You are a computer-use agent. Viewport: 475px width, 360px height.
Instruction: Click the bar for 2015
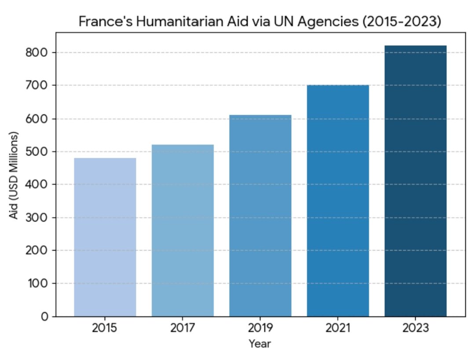pos(105,237)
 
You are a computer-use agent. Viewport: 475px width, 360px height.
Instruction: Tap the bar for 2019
pos(260,215)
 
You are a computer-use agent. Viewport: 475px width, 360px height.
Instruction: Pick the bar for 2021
pos(338,200)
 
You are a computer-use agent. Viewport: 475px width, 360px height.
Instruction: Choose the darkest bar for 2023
pos(416,181)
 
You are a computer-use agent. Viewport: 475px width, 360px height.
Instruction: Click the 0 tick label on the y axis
pos(45,316)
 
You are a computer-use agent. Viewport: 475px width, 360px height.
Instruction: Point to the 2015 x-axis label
pos(105,328)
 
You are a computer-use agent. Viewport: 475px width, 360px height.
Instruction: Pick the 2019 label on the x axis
pos(260,328)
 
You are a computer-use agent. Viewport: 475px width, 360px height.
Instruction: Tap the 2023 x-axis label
pos(416,328)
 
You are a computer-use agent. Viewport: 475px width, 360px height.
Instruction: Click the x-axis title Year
pos(260,344)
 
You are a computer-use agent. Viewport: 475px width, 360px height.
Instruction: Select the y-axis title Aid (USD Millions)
pos(15,175)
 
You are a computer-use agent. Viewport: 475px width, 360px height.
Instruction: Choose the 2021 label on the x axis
pos(338,328)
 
